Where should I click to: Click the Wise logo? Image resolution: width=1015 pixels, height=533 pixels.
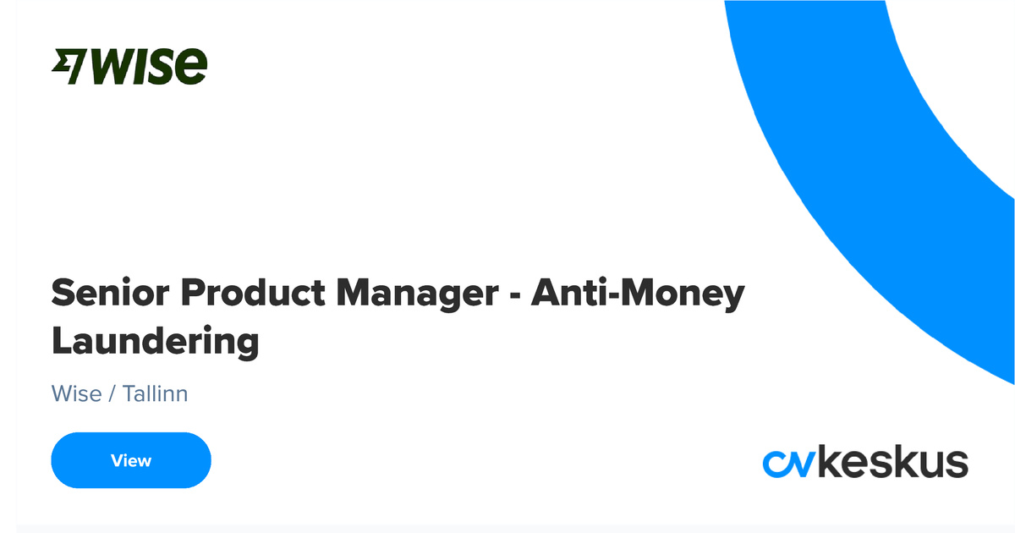pos(129,66)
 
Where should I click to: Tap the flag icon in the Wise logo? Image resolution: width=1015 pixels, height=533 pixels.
pos(69,67)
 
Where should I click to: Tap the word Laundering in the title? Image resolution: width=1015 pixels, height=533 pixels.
pos(155,343)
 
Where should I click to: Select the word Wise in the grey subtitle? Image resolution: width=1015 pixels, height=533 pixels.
pos(76,393)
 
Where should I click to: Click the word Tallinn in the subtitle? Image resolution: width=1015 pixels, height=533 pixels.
pos(155,393)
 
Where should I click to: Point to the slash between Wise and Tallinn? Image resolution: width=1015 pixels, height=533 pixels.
pos(112,394)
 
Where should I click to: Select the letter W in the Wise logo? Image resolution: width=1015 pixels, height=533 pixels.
pos(110,67)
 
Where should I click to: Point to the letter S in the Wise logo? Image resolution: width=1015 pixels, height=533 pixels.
pos(165,67)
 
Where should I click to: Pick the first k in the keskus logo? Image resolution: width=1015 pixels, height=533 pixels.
pos(833,462)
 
